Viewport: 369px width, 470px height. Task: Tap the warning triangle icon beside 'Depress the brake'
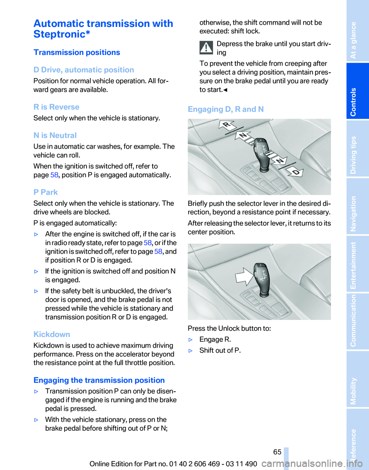206,48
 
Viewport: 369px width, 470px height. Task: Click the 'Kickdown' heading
52,334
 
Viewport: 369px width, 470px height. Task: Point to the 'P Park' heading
46,192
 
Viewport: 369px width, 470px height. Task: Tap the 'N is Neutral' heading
55,135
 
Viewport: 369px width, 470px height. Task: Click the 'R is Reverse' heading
57,107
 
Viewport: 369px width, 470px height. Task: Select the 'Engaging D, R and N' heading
226,109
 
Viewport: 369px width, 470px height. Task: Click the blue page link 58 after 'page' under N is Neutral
54,175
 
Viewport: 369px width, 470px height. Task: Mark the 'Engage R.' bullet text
215,340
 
